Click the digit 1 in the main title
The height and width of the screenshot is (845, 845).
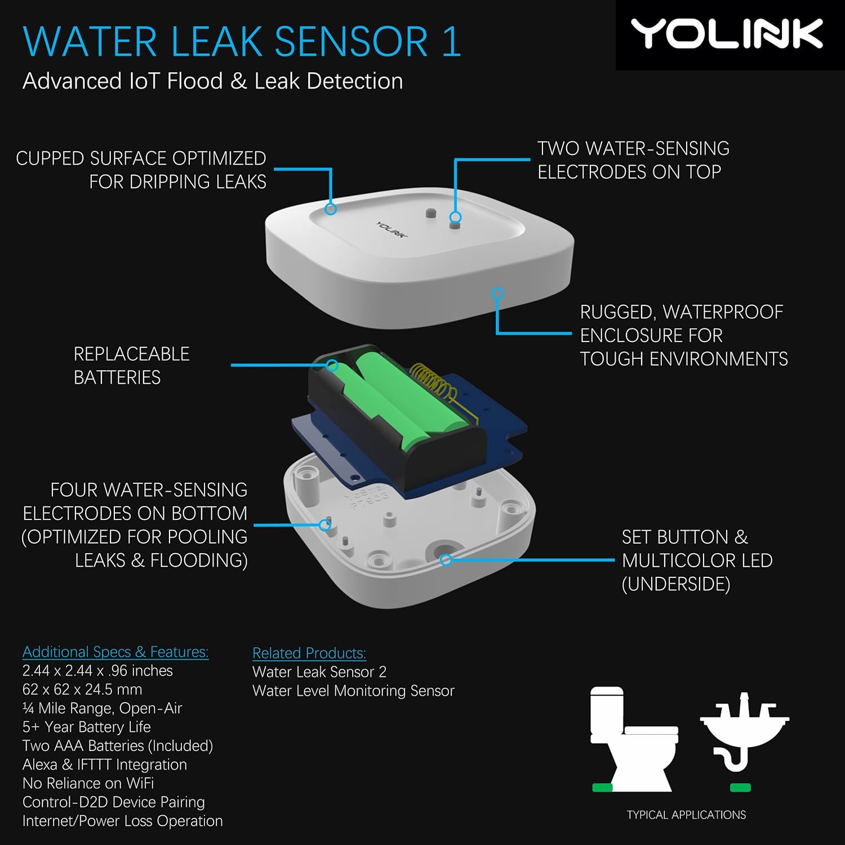point(451,42)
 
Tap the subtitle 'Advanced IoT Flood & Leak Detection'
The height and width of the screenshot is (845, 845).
point(212,81)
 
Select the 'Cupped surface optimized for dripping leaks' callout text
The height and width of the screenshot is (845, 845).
point(141,170)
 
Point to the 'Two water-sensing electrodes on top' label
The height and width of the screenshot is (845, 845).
point(633,160)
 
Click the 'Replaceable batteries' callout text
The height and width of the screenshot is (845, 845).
point(131,366)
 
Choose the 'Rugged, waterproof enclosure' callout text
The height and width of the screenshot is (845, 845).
point(683,335)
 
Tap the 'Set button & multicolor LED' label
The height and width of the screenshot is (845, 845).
point(696,561)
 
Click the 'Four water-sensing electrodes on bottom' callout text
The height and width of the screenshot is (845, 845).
point(135,525)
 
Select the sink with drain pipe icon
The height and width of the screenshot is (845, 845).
point(744,732)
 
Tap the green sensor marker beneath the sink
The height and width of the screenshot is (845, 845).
point(740,788)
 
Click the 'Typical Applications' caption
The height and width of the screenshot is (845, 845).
point(686,815)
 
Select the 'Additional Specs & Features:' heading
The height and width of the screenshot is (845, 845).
point(115,652)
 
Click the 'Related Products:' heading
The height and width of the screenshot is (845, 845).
point(309,653)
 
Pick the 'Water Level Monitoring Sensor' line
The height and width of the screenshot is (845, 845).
point(353,691)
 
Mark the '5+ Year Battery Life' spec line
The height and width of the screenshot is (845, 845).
point(86,727)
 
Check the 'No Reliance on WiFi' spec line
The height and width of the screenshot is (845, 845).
point(88,783)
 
